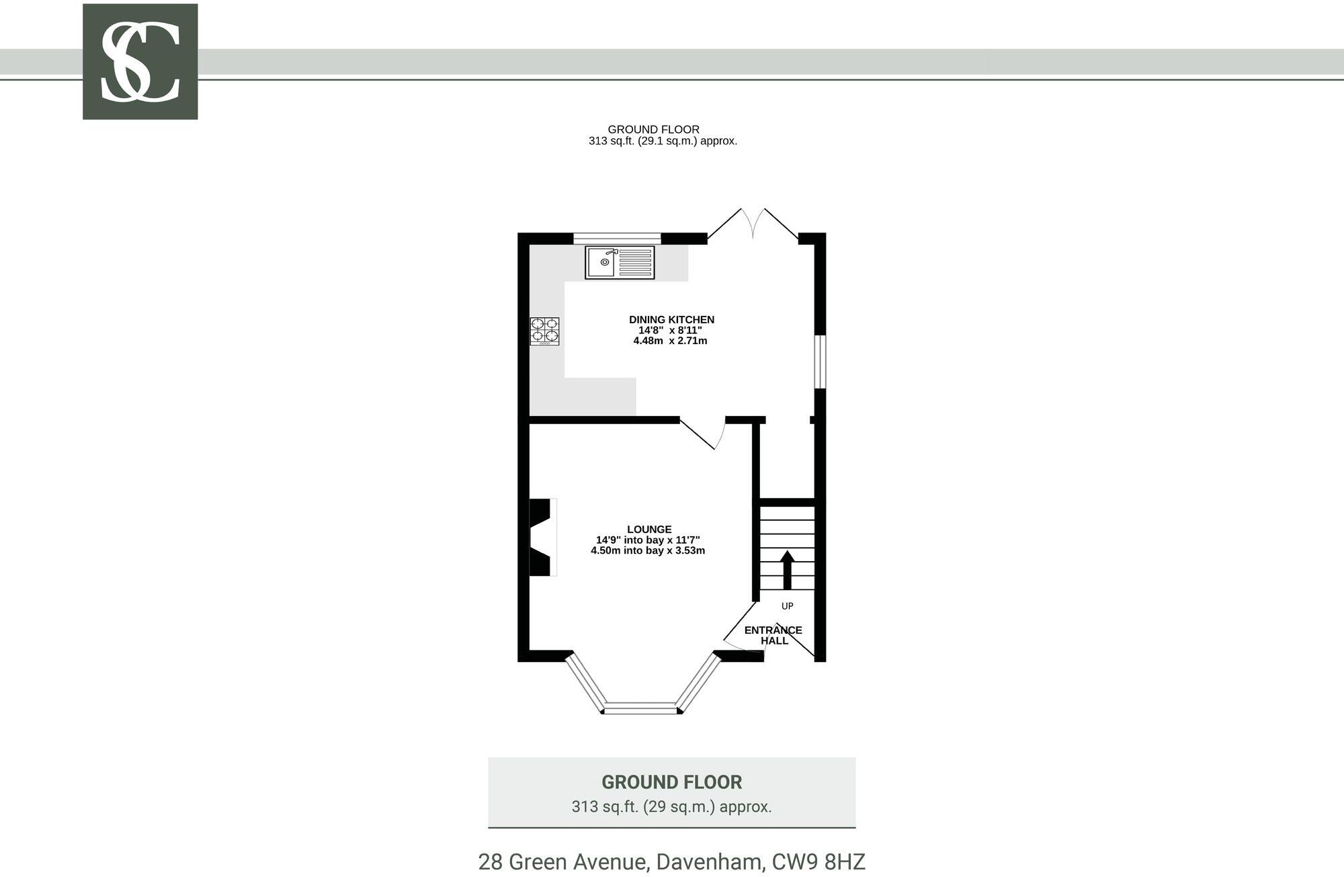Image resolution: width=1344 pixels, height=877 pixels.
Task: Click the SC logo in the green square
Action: click(x=140, y=62)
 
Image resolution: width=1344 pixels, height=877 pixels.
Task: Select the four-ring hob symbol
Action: click(x=544, y=331)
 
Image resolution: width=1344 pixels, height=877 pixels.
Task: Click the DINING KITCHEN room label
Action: click(x=671, y=320)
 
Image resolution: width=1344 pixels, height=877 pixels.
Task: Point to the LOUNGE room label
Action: click(x=649, y=530)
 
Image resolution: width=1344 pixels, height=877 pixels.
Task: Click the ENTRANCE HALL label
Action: click(x=773, y=635)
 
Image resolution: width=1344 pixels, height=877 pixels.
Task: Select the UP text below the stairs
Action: click(x=787, y=606)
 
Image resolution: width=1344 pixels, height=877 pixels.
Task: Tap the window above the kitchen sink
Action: click(x=617, y=237)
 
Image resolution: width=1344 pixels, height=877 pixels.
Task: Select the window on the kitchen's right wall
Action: click(x=820, y=362)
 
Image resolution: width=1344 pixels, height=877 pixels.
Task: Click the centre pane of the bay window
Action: click(x=640, y=707)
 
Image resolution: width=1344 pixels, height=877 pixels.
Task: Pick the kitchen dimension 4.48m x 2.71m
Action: click(x=670, y=341)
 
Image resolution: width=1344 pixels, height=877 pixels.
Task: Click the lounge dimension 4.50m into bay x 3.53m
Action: click(x=648, y=550)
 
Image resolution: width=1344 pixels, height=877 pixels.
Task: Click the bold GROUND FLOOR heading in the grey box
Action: click(x=671, y=782)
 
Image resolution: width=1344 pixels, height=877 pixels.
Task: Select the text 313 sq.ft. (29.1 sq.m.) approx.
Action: click(x=663, y=141)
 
